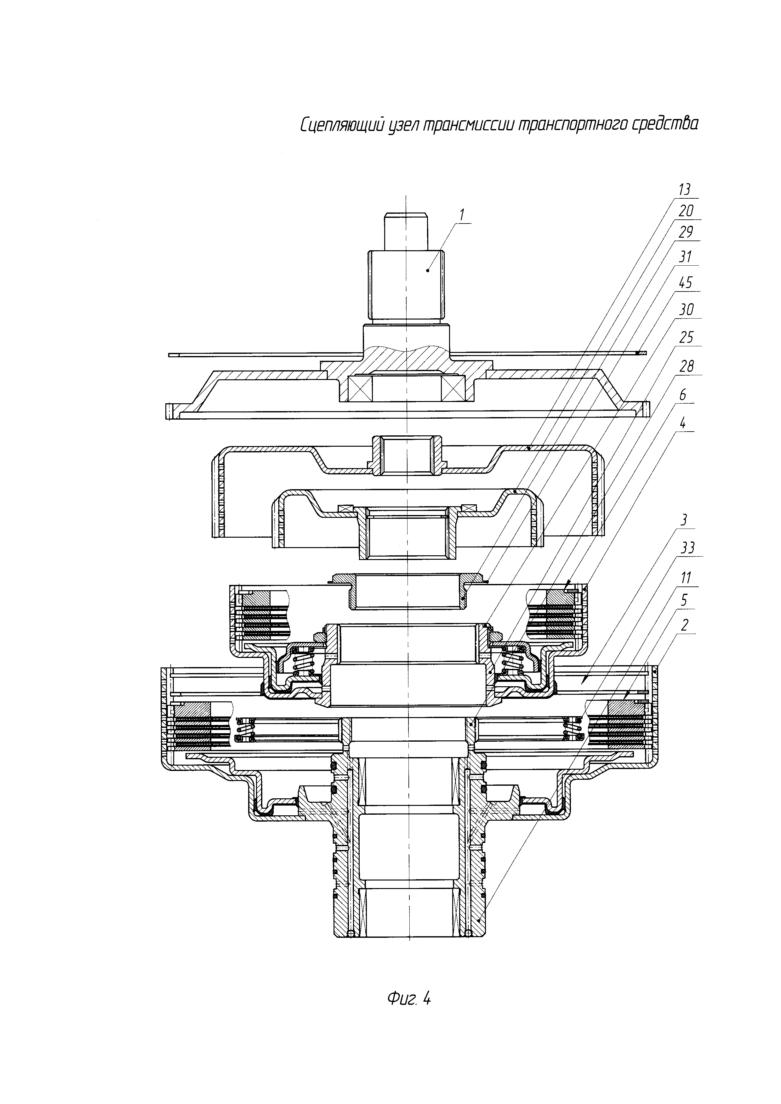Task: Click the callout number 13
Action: pyautogui.click(x=684, y=190)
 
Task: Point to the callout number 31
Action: pyautogui.click(x=685, y=257)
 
